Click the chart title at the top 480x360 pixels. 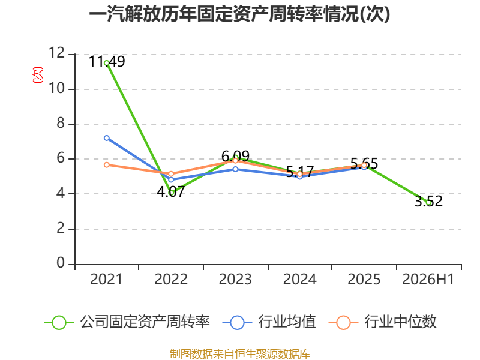[239, 14]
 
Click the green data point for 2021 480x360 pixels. [107, 63]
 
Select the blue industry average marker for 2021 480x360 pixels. [107, 138]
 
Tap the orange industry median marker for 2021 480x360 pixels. [107, 164]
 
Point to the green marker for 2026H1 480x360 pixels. [428, 202]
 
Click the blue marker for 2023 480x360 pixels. [235, 169]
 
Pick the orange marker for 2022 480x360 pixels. [171, 174]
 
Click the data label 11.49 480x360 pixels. [107, 62]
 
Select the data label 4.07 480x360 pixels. [171, 191]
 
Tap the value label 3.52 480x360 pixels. [428, 201]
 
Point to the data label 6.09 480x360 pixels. [235, 157]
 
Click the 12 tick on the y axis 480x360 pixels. [57, 53]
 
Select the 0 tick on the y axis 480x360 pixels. [61, 263]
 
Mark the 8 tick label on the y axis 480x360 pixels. [61, 123]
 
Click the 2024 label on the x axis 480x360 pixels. [299, 279]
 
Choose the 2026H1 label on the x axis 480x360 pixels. [428, 279]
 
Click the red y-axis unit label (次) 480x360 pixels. [38, 75]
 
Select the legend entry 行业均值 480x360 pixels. [269, 322]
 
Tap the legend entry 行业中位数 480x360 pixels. [382, 322]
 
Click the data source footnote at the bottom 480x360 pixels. [239, 354]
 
